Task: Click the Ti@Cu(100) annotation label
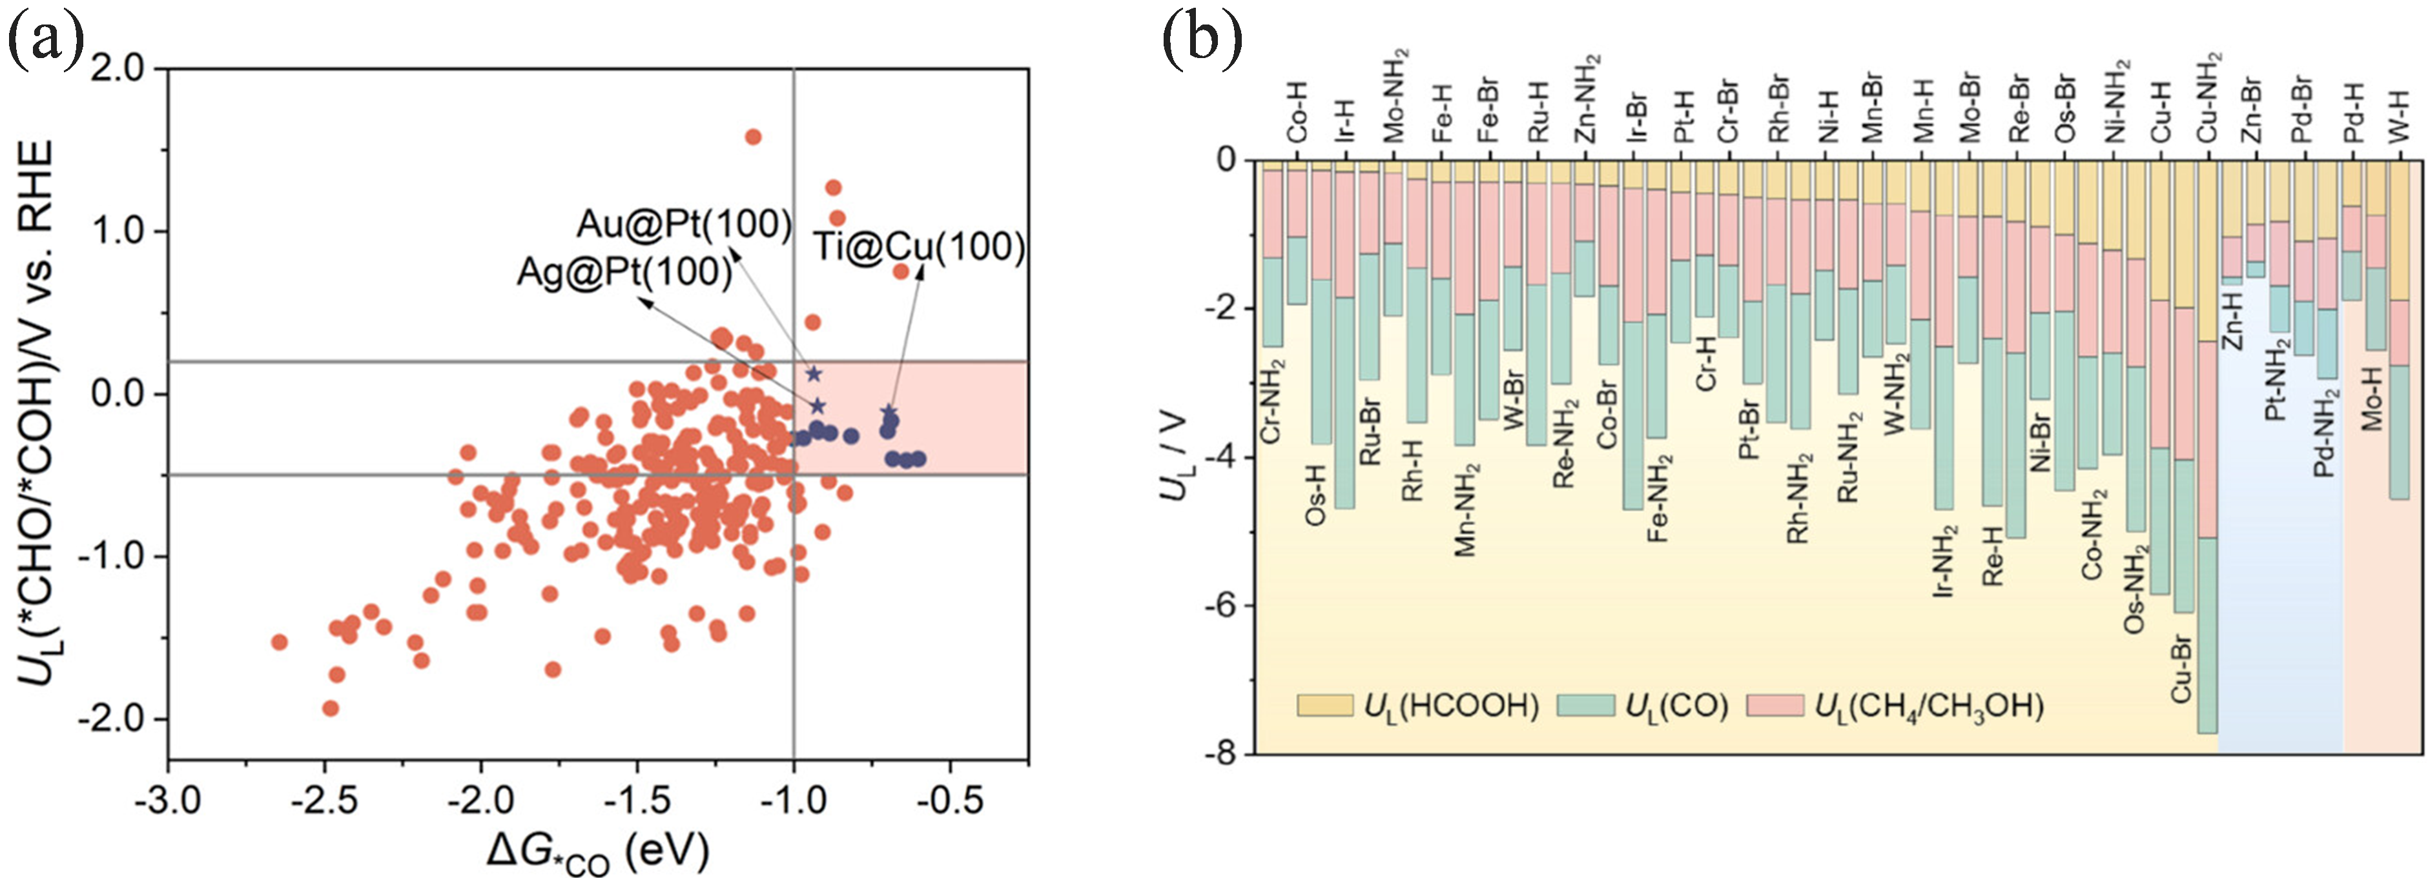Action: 919,247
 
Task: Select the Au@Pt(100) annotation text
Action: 684,224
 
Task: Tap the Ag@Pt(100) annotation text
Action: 624,272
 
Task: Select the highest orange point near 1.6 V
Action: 753,137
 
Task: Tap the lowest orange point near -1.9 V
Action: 330,708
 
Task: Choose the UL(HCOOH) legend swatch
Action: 1325,706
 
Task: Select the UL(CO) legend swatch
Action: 1587,706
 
